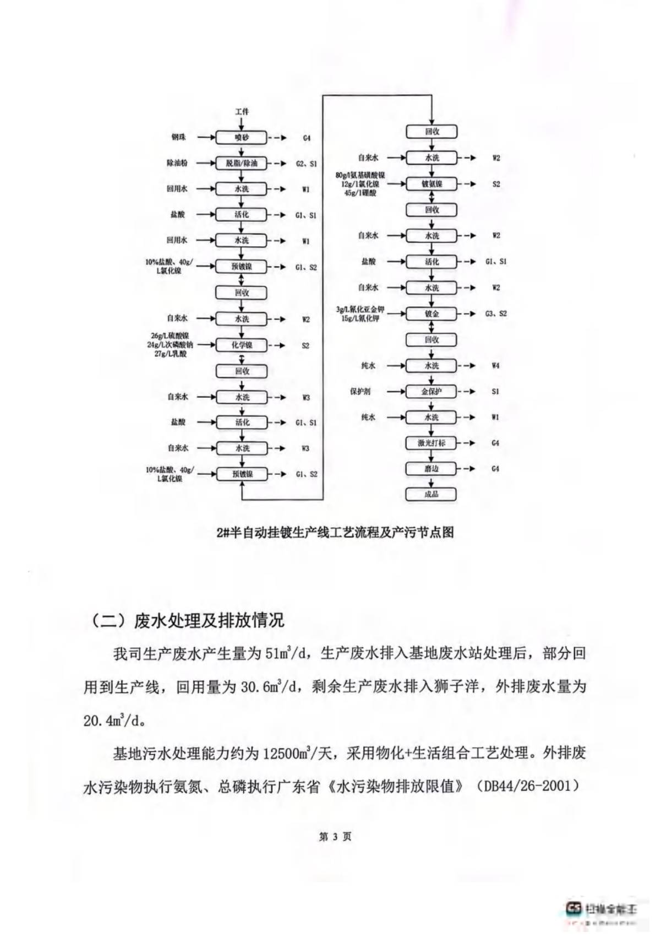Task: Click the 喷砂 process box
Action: tap(241, 138)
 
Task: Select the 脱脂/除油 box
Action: tap(241, 164)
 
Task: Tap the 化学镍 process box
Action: tap(241, 345)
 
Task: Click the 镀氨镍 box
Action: tap(432, 184)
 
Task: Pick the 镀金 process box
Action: tap(432, 314)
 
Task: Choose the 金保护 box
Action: tap(432, 392)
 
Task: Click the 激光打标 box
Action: tap(432, 443)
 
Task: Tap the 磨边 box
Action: tap(432, 469)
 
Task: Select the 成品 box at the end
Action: tap(432, 494)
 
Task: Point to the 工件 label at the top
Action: tap(242, 112)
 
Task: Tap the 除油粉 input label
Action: tap(177, 164)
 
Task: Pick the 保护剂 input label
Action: tap(361, 392)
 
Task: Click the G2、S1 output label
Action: tap(306, 164)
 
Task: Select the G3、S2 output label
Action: tap(495, 314)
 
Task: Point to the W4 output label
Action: tap(495, 366)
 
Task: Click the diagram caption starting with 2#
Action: tap(335, 533)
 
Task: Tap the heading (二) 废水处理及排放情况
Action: tap(187, 621)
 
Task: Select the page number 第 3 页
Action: tap(335, 837)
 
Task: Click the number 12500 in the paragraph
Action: tap(281, 753)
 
